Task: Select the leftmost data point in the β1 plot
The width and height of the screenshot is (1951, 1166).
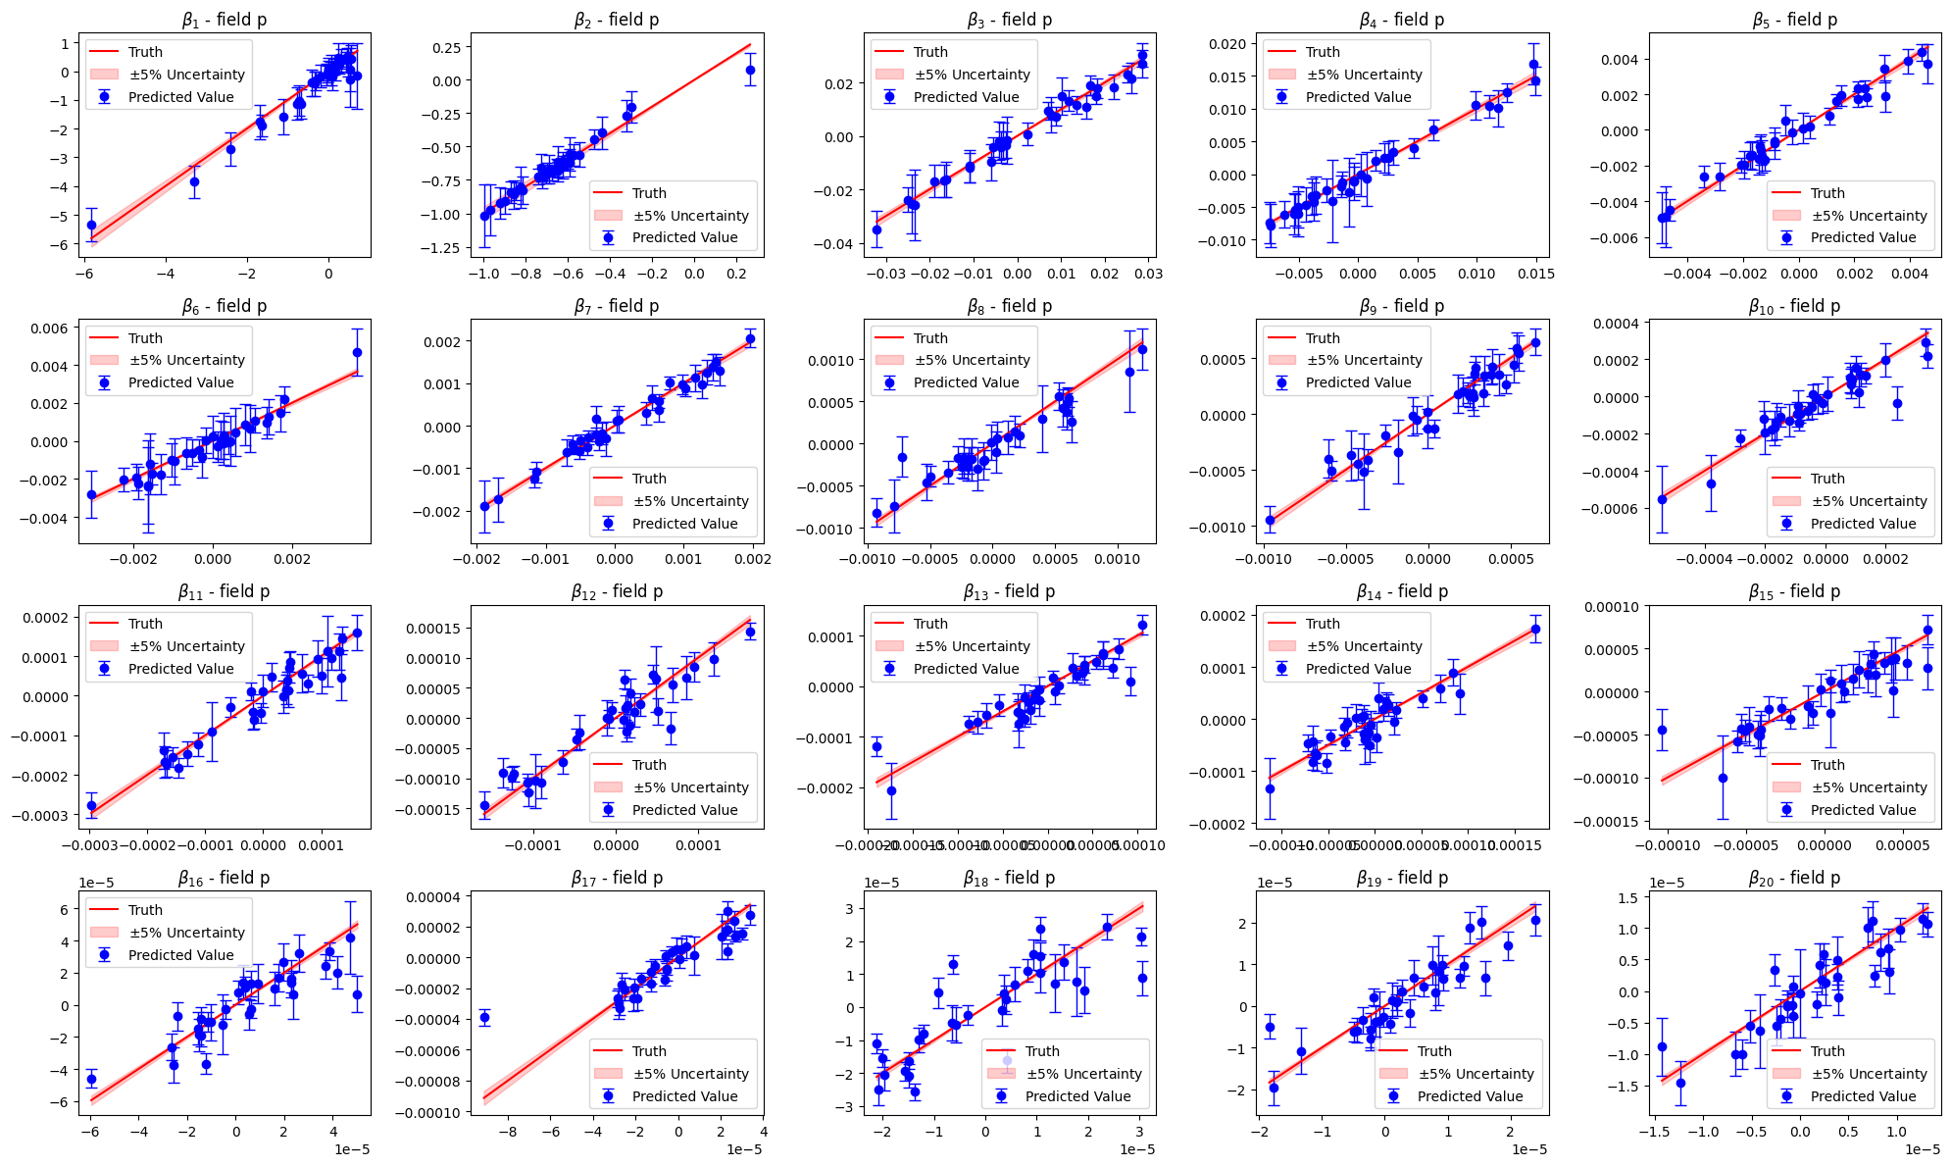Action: (x=91, y=225)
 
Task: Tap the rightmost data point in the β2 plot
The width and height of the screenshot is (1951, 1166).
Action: (x=750, y=71)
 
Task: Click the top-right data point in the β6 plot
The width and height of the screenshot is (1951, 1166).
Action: (x=357, y=352)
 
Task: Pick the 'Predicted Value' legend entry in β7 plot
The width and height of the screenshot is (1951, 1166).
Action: (x=684, y=524)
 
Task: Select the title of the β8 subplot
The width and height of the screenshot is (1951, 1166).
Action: (x=1009, y=306)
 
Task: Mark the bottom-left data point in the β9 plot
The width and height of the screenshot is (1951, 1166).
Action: (x=1270, y=521)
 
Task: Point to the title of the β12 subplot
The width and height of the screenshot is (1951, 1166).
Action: (x=617, y=591)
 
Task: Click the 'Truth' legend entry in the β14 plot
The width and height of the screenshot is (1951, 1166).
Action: (x=1323, y=624)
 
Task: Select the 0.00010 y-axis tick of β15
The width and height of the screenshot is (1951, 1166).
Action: (x=1608, y=606)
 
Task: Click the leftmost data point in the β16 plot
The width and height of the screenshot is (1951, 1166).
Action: (x=91, y=1079)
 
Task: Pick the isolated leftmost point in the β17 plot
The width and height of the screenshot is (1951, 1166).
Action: (x=483, y=1018)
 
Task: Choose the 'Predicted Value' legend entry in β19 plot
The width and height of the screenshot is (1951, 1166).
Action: (x=1470, y=1096)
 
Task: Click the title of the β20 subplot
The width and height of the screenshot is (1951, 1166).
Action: (x=1794, y=878)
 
